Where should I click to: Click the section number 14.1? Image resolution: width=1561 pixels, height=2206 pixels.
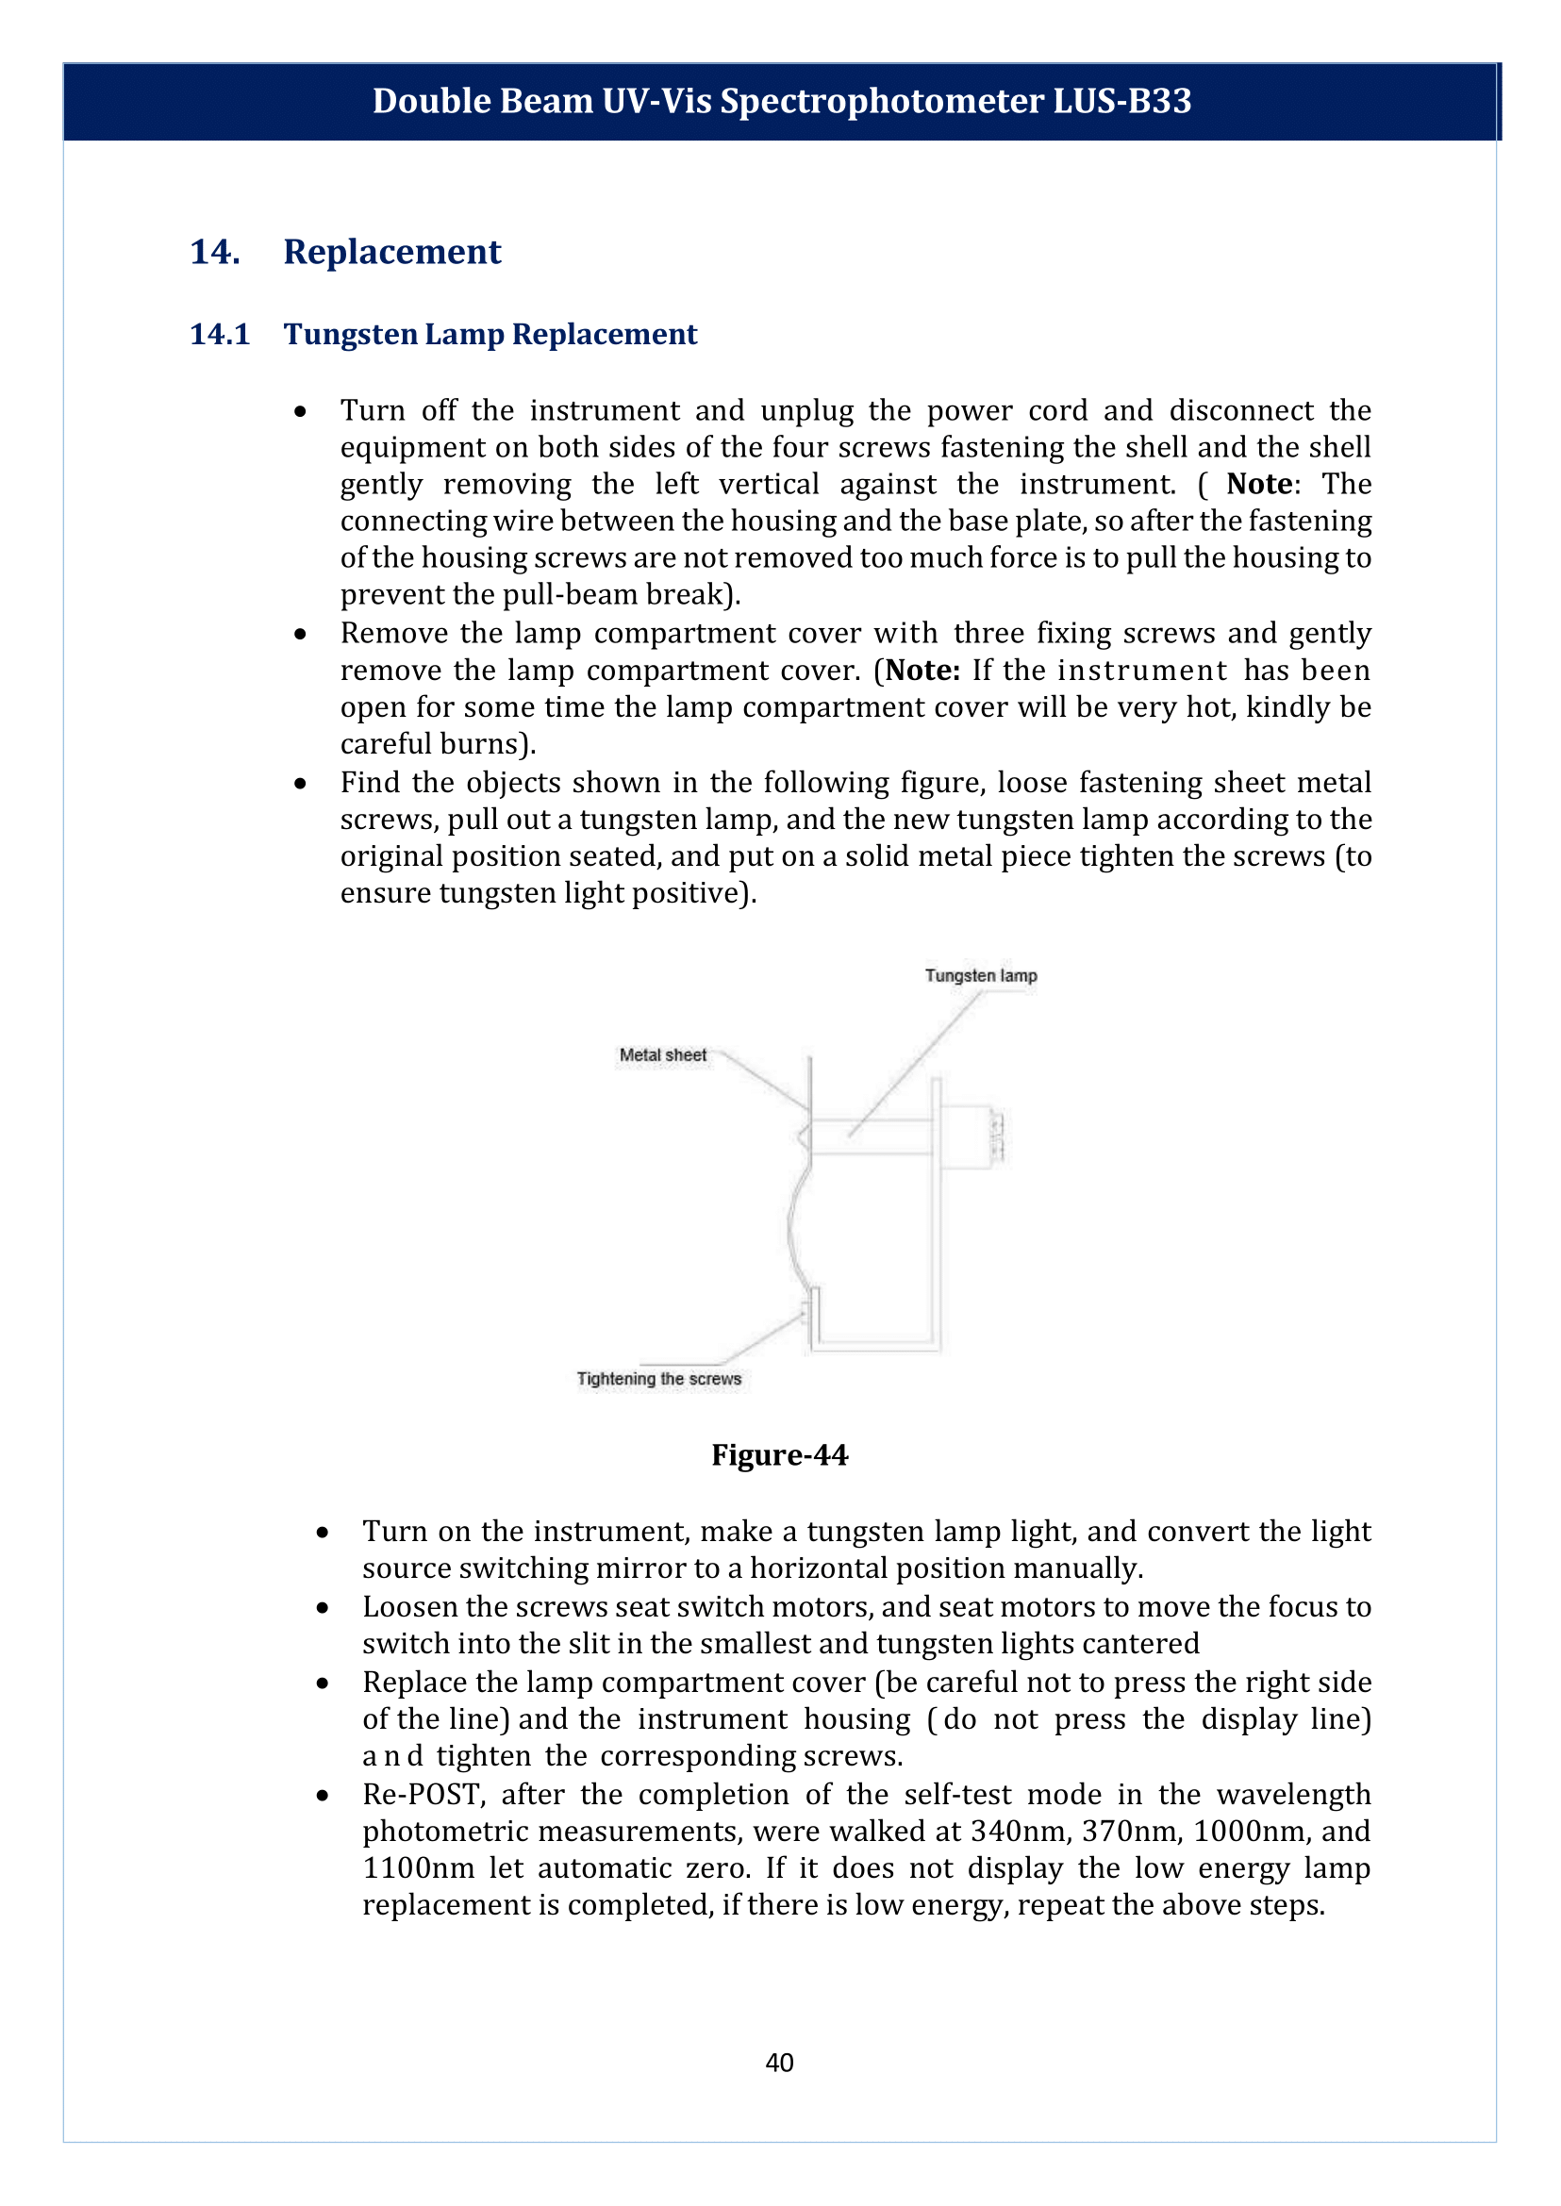click(220, 335)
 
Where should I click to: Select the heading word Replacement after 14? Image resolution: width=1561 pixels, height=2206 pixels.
click(392, 252)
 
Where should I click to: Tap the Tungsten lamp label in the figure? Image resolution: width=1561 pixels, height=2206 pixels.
click(980, 975)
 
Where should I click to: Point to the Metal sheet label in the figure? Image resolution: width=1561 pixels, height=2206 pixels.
click(662, 1054)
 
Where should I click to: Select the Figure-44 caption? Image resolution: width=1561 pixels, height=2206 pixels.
click(779, 1455)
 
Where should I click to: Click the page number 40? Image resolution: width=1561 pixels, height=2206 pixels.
click(779, 2062)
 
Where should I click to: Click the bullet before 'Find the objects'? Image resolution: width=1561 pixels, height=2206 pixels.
click(301, 784)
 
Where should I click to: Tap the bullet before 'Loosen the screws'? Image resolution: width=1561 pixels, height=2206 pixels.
click(323, 1607)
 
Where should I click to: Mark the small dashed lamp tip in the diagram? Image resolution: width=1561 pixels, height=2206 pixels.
click(997, 1136)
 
